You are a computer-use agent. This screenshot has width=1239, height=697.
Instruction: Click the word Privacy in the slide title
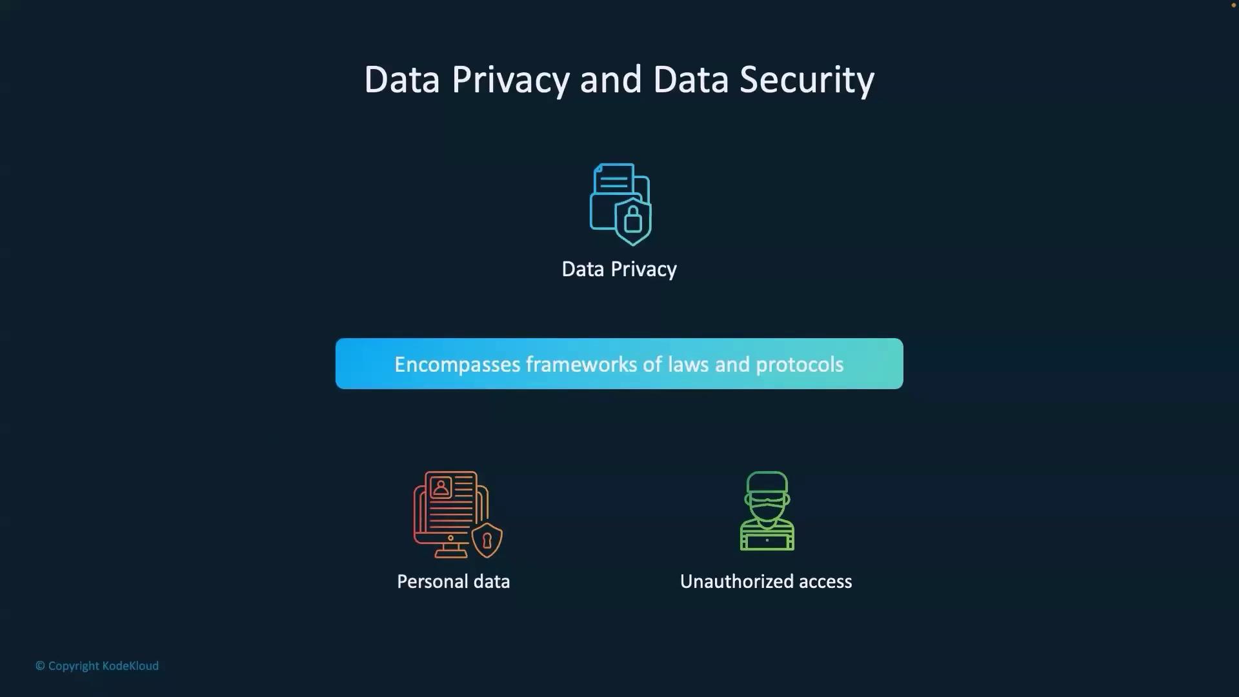[510, 81]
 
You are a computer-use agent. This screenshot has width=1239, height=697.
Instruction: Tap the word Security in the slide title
[807, 81]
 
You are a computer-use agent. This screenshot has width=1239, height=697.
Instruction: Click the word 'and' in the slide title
[610, 79]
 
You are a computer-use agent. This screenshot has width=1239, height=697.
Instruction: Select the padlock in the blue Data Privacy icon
[633, 219]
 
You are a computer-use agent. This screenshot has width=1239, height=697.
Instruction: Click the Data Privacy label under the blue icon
[619, 269]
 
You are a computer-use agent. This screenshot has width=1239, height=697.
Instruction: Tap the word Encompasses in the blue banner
[458, 365]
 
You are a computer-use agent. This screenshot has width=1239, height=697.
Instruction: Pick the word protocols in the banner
[800, 365]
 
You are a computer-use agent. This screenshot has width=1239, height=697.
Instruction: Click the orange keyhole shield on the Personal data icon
[487, 540]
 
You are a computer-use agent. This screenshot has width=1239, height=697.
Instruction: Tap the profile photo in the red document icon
[441, 487]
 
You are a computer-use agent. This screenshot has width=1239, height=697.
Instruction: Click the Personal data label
[454, 581]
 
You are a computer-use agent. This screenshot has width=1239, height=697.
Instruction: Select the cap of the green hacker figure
[767, 482]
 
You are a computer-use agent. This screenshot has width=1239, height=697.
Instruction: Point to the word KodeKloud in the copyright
[130, 666]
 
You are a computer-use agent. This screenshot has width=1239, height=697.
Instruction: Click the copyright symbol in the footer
[40, 666]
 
